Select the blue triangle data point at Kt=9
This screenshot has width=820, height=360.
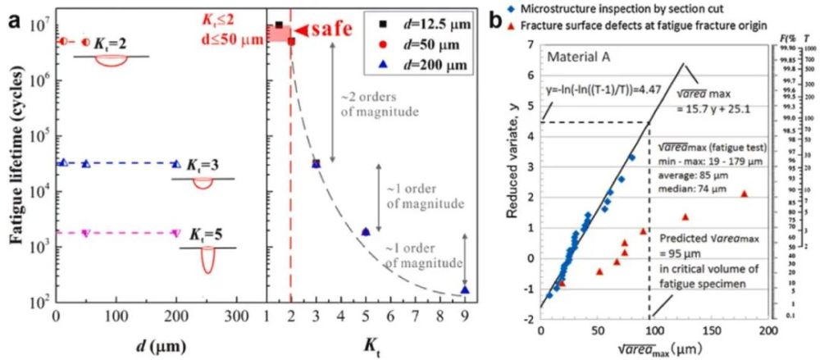(465, 289)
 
